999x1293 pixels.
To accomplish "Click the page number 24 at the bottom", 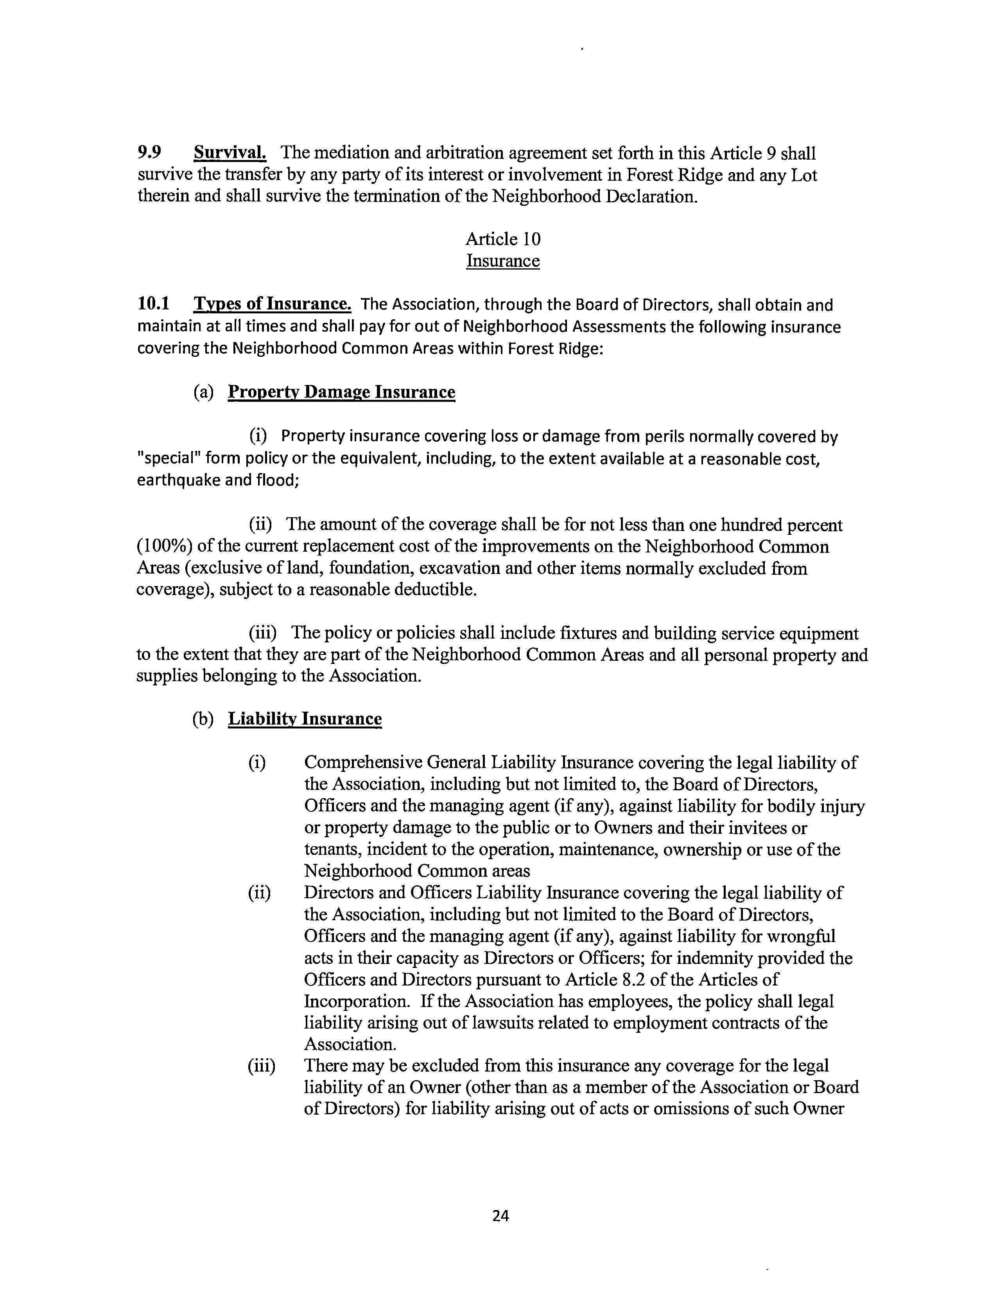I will (x=500, y=1216).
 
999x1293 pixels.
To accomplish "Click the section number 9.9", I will (x=149, y=153).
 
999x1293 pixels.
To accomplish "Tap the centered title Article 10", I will (x=503, y=239).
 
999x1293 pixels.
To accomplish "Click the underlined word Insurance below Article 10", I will (x=503, y=261).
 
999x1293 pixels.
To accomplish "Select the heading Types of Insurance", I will (x=272, y=304).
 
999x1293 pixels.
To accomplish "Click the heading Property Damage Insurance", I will (x=341, y=392).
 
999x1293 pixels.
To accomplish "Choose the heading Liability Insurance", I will (x=305, y=719).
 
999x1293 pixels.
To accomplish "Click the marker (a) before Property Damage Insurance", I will (x=203, y=392).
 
